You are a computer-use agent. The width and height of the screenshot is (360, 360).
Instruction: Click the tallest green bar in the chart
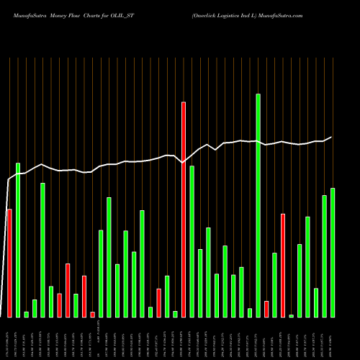tap(258, 205)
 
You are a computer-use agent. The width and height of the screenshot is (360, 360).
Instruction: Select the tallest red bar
tap(184, 209)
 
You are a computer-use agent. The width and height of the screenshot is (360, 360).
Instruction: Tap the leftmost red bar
tap(9, 263)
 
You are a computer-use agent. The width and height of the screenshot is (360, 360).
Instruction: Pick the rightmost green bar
tap(333, 252)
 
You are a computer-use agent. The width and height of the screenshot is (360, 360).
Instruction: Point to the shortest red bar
tap(92, 314)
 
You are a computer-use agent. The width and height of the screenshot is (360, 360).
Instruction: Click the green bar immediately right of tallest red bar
tap(192, 241)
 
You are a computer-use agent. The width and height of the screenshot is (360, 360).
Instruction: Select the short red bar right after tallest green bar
tap(266, 309)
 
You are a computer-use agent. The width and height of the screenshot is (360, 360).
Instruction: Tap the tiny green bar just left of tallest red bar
tap(175, 314)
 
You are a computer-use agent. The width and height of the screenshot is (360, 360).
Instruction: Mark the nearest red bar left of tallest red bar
tap(158, 302)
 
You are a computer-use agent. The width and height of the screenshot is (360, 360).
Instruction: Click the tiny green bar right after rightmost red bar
tap(292, 315)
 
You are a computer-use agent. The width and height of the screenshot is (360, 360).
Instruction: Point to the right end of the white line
tap(331, 137)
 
